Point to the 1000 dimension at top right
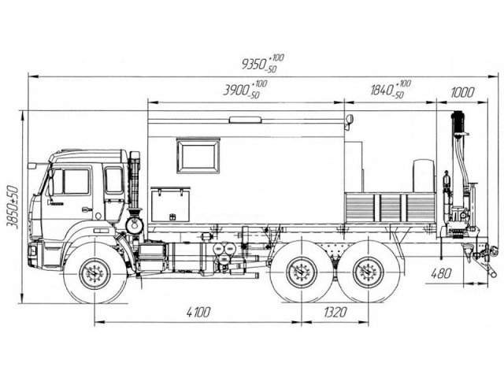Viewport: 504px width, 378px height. (x=462, y=92)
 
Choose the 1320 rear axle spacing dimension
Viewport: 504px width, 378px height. (x=335, y=313)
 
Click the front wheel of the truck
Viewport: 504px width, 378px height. (x=94, y=274)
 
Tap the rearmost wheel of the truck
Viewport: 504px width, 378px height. (x=365, y=274)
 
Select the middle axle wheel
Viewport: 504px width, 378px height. (x=299, y=274)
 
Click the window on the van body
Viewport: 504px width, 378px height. (x=198, y=156)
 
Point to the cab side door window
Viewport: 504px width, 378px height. (x=71, y=181)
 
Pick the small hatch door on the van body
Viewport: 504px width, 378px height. (x=171, y=204)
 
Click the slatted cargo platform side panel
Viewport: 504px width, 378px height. (x=391, y=208)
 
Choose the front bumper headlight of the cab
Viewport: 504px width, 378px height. (x=32, y=251)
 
